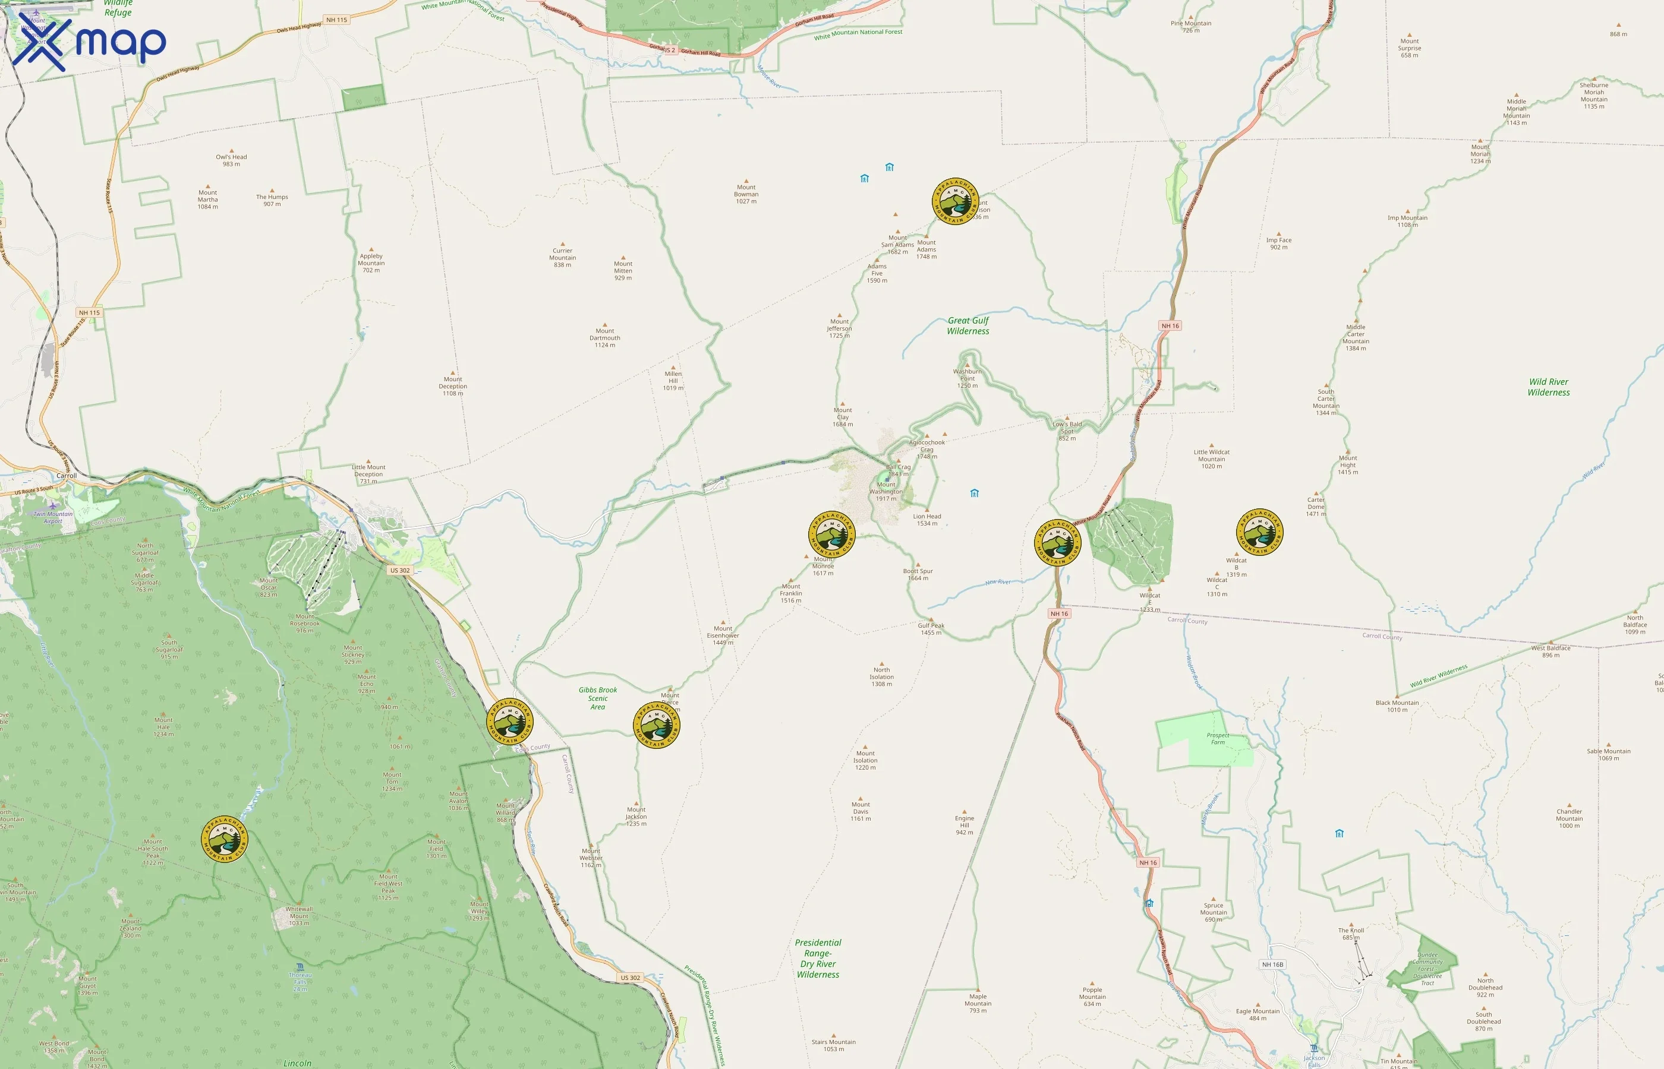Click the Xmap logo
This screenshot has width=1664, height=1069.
click(x=89, y=43)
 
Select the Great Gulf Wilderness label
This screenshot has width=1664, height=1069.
click(x=968, y=325)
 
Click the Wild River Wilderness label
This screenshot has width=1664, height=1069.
click(x=1548, y=387)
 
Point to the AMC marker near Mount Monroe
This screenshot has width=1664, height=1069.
click(x=831, y=534)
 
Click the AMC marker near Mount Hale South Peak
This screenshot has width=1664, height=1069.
click(x=224, y=839)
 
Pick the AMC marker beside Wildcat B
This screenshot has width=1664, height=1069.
click(x=1259, y=532)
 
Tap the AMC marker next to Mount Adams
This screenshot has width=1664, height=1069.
click(x=955, y=201)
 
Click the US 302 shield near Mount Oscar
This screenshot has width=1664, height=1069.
click(x=399, y=571)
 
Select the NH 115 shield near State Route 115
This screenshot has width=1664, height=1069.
click(x=90, y=312)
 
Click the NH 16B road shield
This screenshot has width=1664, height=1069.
click(x=1272, y=964)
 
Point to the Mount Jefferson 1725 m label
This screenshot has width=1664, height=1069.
click(x=839, y=328)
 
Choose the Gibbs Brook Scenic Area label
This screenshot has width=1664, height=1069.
click(x=597, y=698)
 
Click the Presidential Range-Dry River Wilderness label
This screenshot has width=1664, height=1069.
click(x=818, y=959)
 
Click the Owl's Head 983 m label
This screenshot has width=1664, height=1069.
click(x=231, y=160)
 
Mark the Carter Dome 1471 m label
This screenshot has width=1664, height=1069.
click(x=1316, y=507)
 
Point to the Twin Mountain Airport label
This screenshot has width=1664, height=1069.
click(x=53, y=517)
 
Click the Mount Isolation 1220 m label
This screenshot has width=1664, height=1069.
click(x=865, y=760)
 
